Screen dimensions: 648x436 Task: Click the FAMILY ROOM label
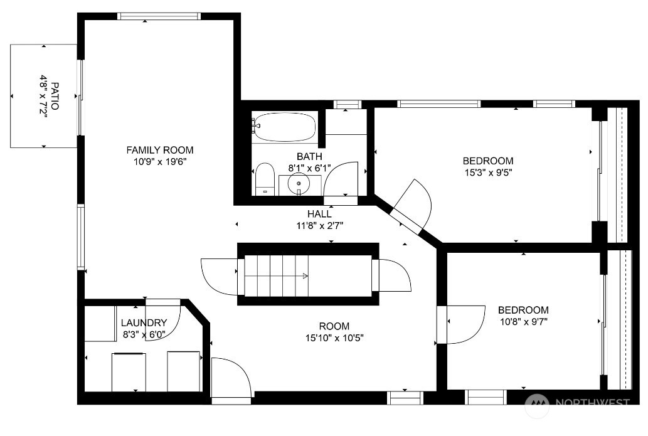point(160,150)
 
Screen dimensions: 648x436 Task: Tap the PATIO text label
point(55,96)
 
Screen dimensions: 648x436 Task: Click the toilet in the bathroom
point(265,179)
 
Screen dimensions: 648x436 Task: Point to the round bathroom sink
point(299,183)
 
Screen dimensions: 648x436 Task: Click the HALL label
point(319,214)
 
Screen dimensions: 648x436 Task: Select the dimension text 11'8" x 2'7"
point(319,226)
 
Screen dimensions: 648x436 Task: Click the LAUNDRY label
point(144,322)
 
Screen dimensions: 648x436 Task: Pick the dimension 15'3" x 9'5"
point(489,173)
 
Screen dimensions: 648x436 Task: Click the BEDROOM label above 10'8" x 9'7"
point(523,310)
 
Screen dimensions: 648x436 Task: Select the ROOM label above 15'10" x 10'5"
point(334,326)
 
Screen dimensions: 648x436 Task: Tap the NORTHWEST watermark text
point(592,403)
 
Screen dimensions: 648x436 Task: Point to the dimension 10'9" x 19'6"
point(160,162)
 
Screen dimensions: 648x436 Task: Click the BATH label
point(309,157)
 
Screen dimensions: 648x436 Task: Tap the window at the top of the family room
point(159,16)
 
